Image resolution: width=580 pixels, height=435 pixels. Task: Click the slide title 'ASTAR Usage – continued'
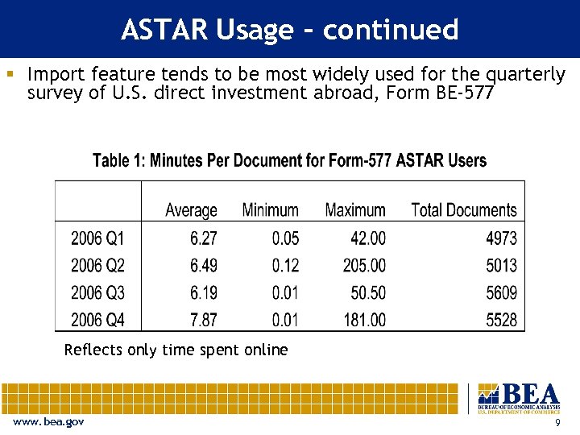[290, 30]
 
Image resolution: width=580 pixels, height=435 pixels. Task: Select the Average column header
[191, 210]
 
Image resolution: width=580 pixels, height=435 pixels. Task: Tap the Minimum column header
[270, 210]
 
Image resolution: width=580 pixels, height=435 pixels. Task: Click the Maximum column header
[355, 210]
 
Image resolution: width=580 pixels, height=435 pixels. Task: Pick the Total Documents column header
[463, 210]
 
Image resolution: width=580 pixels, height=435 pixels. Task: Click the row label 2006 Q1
[97, 238]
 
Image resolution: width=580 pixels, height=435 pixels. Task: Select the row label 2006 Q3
[97, 292]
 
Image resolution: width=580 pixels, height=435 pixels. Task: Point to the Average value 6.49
[203, 266]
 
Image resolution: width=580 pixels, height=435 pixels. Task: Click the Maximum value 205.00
[363, 266]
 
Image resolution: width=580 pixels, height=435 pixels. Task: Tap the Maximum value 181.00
[363, 320]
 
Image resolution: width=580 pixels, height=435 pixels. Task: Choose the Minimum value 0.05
[284, 238]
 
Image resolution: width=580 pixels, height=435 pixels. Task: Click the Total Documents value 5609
[501, 292]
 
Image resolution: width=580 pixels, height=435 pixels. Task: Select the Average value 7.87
[203, 320]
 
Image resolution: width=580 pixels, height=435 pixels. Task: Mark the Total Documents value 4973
[501, 238]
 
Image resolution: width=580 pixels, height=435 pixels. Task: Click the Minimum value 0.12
[284, 266]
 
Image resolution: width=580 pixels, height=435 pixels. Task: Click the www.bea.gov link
[48, 423]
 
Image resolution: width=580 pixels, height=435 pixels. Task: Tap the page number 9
[558, 424]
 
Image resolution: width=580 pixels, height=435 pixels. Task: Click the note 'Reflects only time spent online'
[176, 350]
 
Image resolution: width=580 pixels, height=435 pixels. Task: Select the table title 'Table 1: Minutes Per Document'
[289, 160]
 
